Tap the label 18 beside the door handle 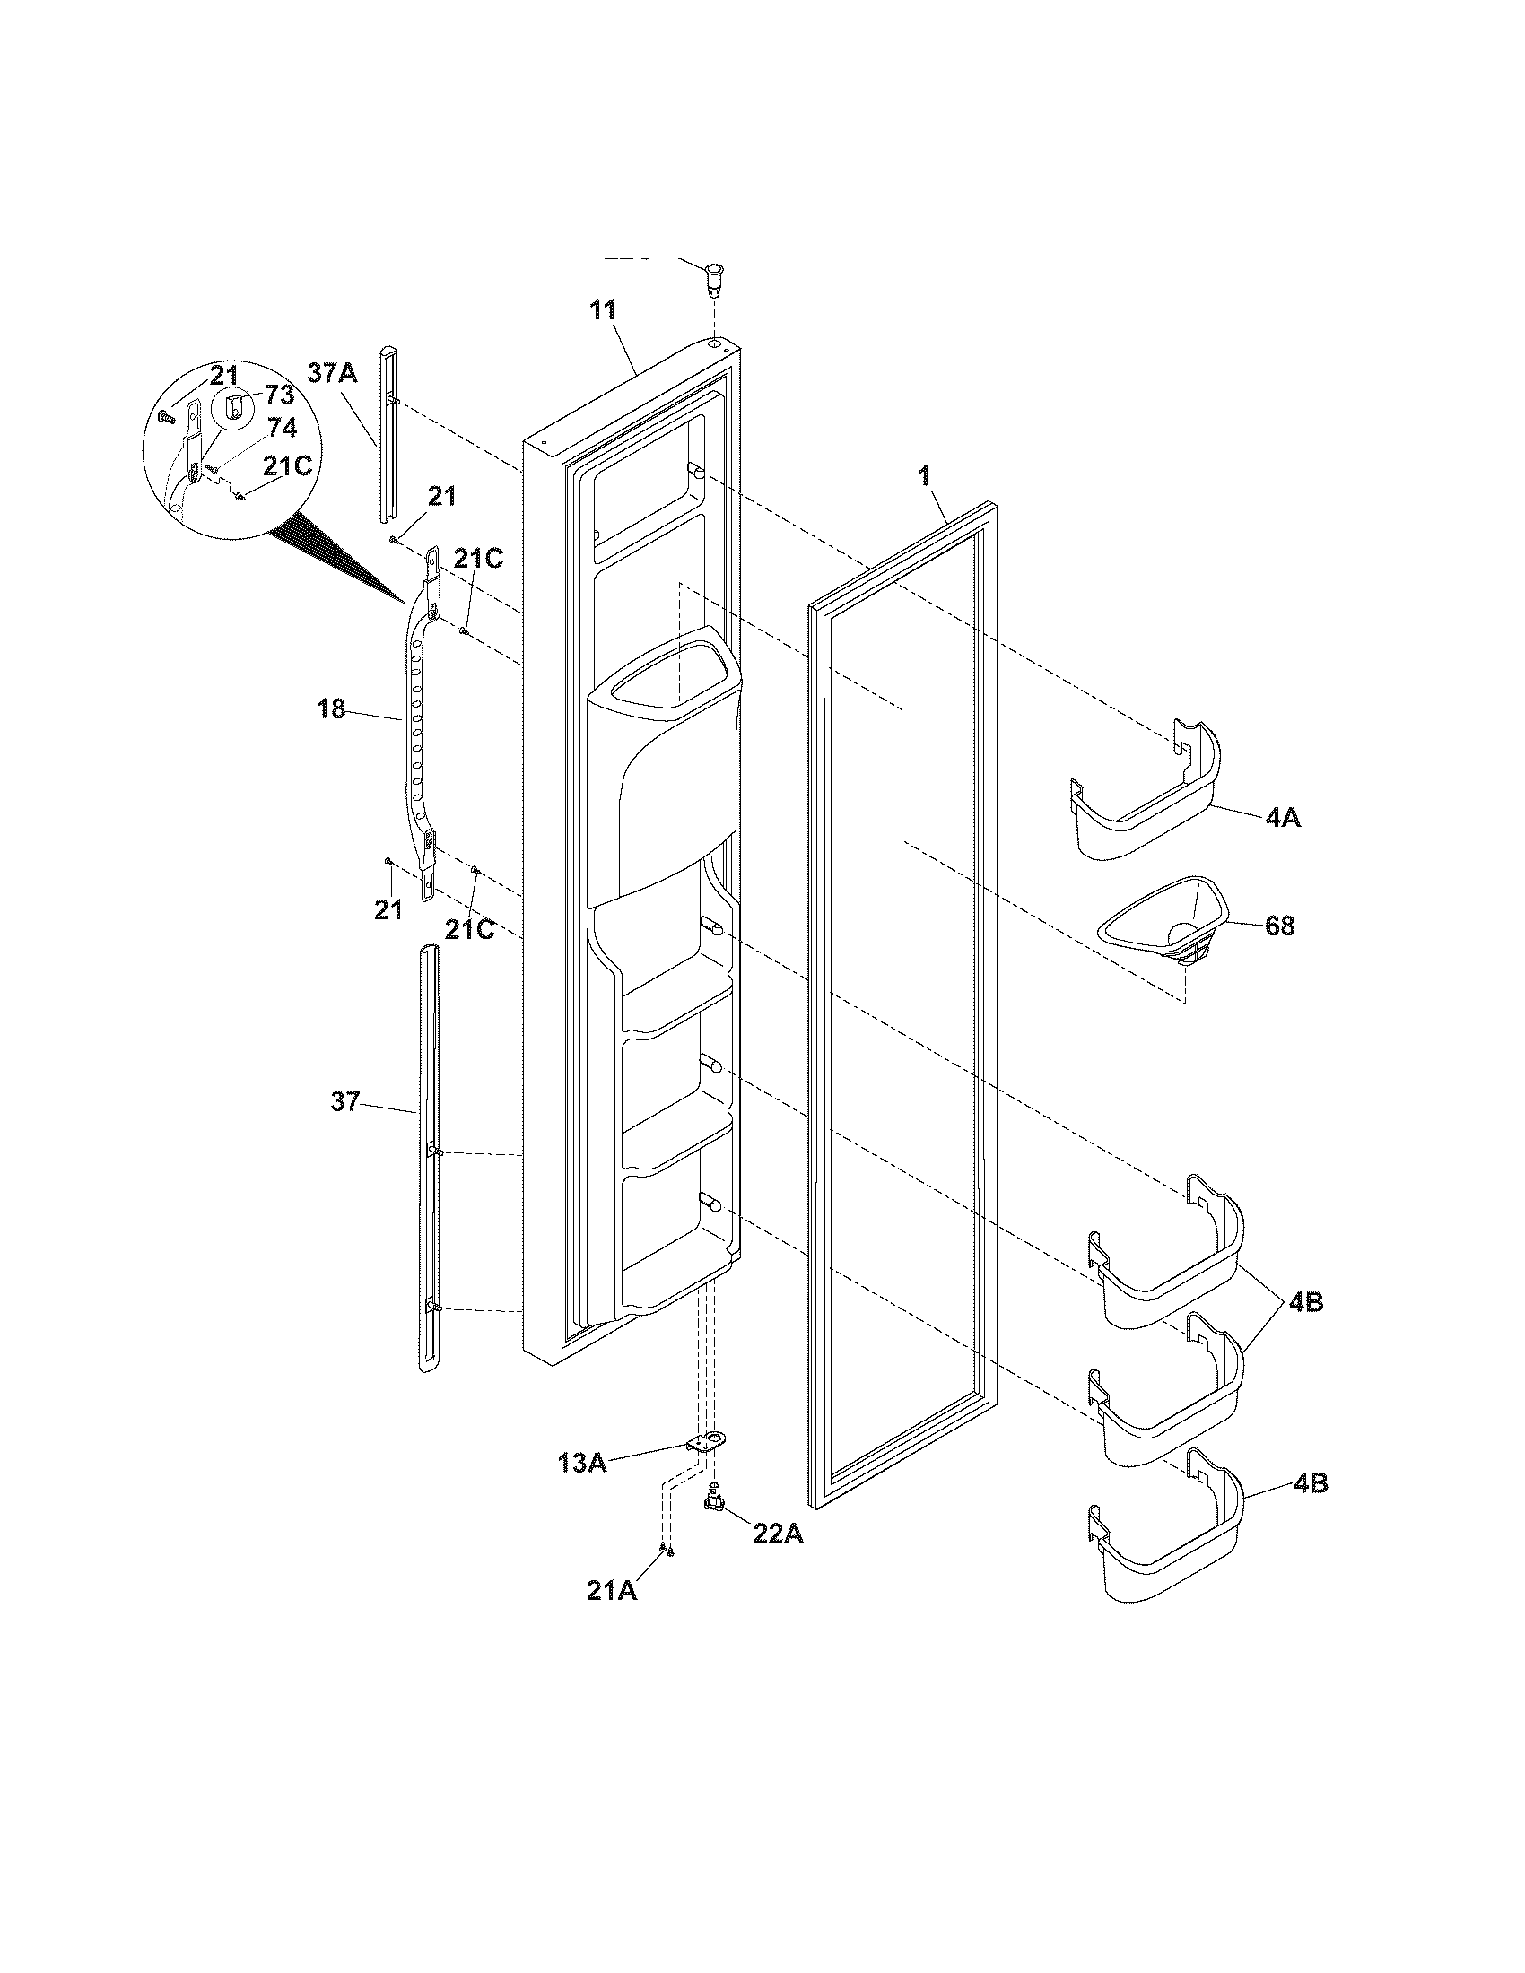click(332, 709)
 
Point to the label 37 click(345, 1101)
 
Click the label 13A click(583, 1463)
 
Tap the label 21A click(612, 1615)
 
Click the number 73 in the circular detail click(279, 395)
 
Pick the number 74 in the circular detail click(282, 430)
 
